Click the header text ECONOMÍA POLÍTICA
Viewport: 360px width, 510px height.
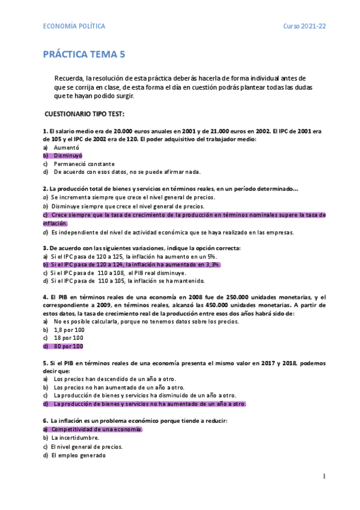[74, 26]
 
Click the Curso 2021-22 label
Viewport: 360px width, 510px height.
[305, 26]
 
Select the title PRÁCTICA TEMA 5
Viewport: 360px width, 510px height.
[84, 55]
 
